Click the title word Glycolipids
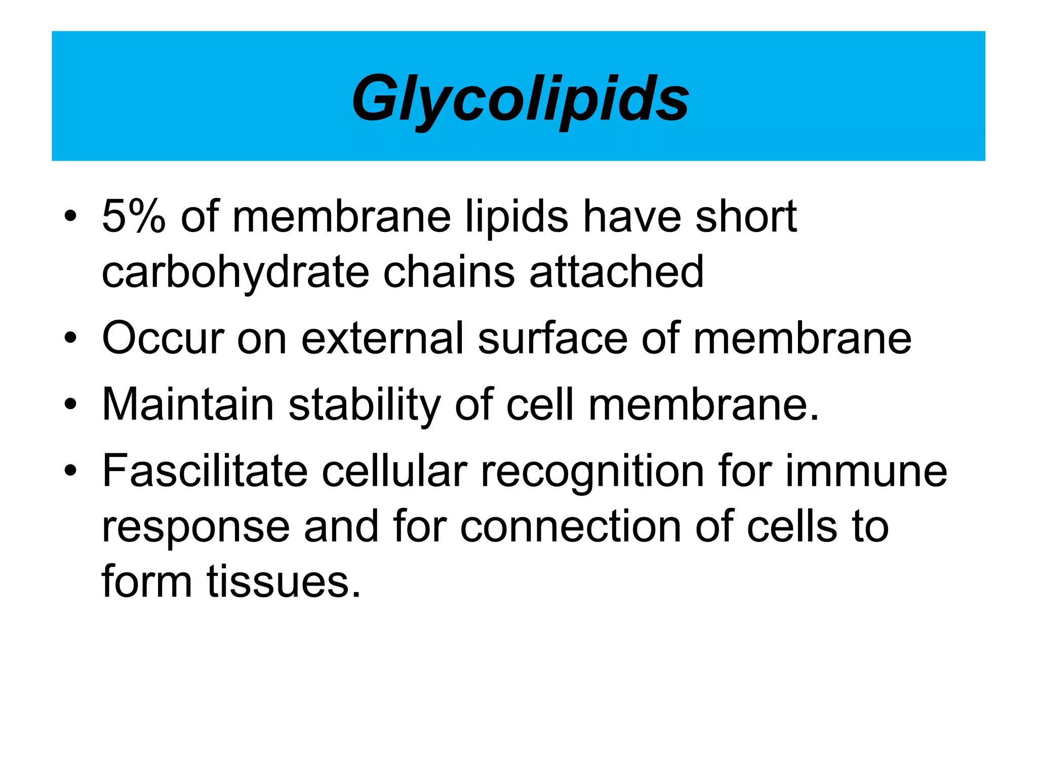tap(520, 98)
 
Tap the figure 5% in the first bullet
tap(134, 217)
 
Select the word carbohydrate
tap(235, 273)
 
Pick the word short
tap(746, 217)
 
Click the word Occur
tap(163, 338)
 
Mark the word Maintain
tap(188, 404)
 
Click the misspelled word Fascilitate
tap(205, 471)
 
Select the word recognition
tap(592, 472)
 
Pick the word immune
tap(866, 471)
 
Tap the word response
tap(196, 527)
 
